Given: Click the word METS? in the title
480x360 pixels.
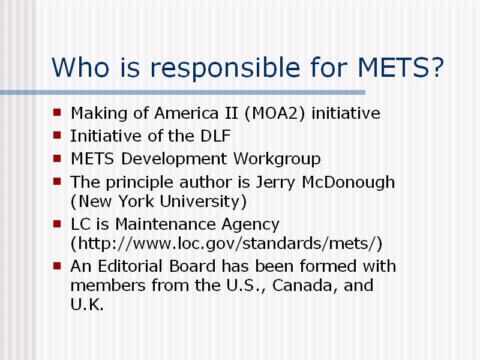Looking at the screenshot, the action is (401, 67).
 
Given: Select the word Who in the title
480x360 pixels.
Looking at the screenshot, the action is (80, 67).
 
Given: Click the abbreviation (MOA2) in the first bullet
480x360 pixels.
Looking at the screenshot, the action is (275, 113).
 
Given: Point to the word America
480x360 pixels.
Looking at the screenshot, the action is (187, 113).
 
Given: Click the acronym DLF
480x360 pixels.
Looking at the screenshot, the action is (215, 136).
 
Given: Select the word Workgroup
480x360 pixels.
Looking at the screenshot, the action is (277, 159).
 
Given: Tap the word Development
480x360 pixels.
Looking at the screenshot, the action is (174, 159).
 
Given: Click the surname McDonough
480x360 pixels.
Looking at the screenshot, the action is (348, 183).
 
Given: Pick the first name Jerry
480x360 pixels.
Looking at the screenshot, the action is (275, 183).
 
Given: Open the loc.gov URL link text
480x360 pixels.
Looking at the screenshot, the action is (226, 244).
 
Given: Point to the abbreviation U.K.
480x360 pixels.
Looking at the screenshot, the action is (87, 305).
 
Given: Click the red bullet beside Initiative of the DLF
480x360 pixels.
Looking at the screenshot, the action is (57, 135).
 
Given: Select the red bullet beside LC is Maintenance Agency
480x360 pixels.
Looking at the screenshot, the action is (57, 224).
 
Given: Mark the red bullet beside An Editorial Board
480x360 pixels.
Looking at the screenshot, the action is (57, 265).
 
